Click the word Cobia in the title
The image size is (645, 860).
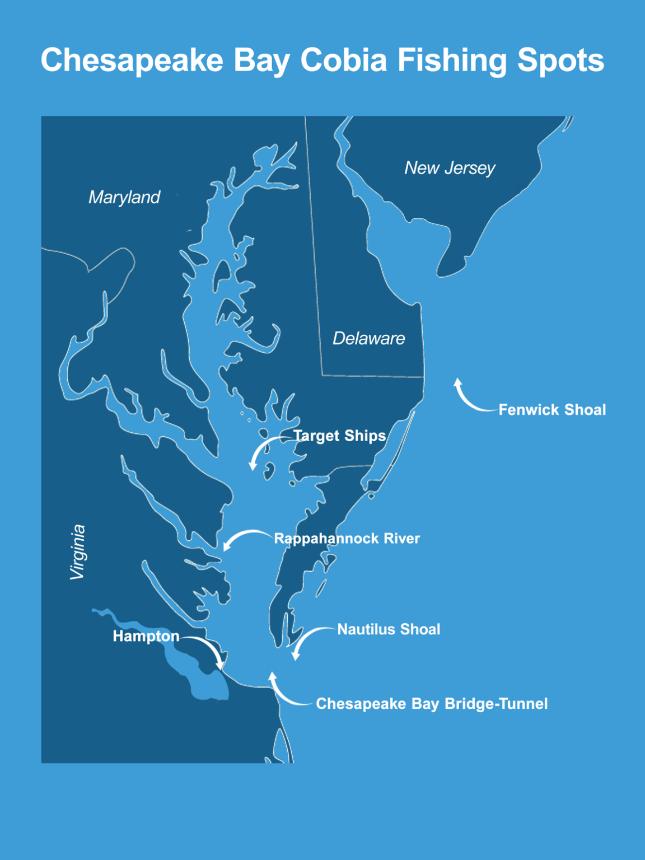point(343,60)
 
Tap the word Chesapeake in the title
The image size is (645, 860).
point(132,61)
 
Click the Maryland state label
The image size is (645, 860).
point(124,197)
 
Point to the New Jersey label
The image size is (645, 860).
point(450,168)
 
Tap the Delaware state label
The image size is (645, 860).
point(368,338)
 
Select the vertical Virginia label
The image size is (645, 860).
point(78,552)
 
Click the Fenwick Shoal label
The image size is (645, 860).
point(552,410)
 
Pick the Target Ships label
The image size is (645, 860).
point(340,436)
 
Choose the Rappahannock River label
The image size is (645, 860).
point(347,539)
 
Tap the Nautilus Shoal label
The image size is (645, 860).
point(389,629)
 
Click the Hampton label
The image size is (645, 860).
point(146,636)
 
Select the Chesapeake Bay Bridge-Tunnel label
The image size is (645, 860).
point(432,704)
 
